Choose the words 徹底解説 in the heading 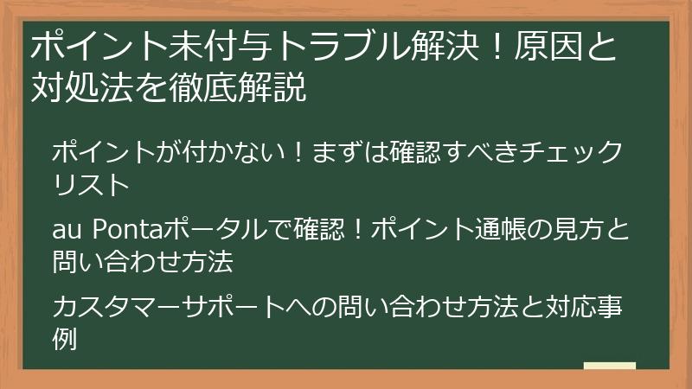click(x=242, y=87)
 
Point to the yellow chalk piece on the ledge click(x=609, y=366)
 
